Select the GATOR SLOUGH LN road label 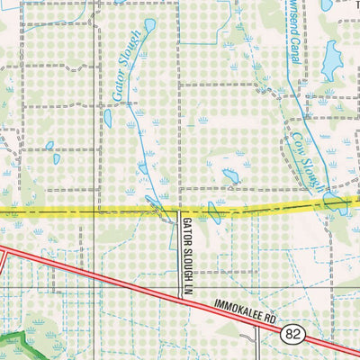coord(188,246)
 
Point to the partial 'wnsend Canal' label coord(294,32)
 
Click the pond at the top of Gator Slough coord(148,24)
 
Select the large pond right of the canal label coord(332,59)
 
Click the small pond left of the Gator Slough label coord(107,117)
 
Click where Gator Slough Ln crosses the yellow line coord(179,212)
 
